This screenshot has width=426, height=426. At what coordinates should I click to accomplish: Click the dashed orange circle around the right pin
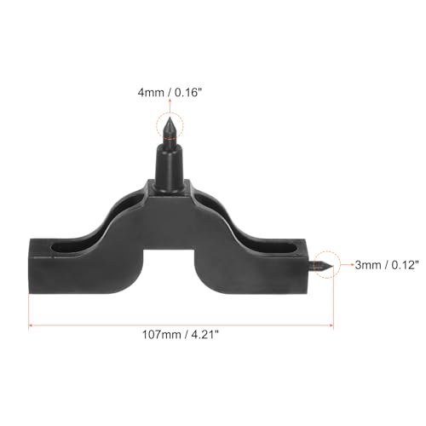(325, 265)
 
